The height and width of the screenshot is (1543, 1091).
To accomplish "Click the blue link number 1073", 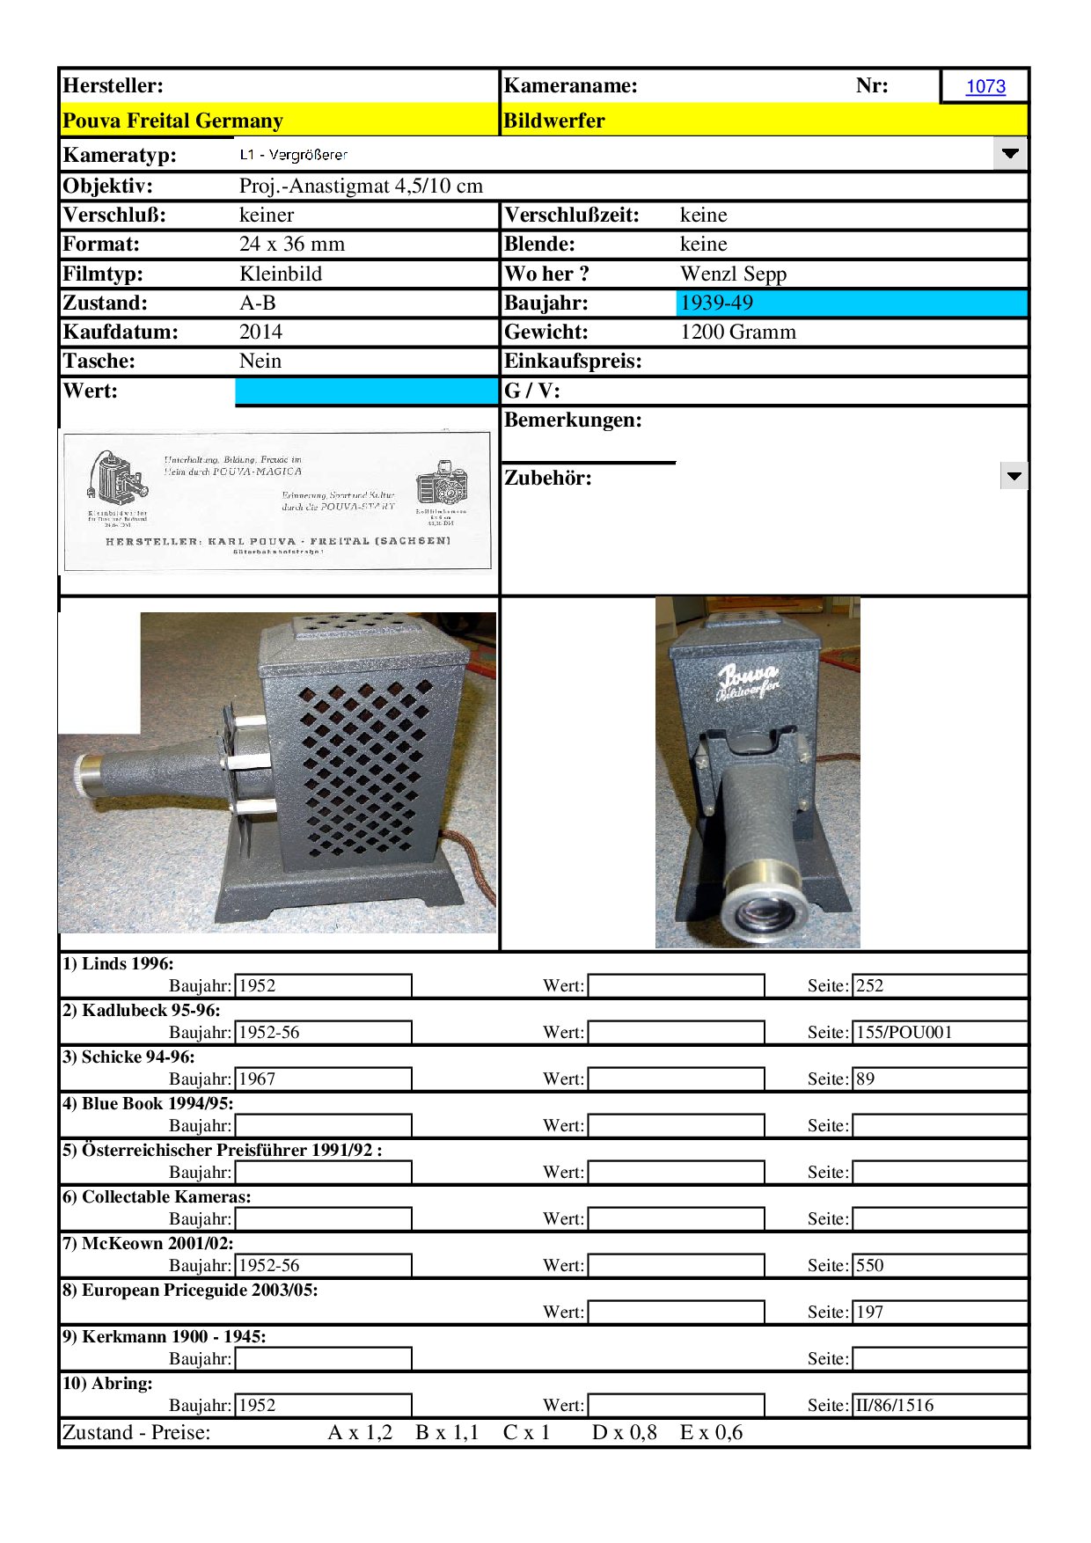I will point(985,86).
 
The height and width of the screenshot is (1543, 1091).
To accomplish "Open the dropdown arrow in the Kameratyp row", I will point(1010,154).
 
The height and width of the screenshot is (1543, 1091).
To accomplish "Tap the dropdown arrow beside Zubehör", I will point(1014,477).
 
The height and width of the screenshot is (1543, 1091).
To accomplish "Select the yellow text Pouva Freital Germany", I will point(172,121).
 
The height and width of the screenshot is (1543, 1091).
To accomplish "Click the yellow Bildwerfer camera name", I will point(554,121).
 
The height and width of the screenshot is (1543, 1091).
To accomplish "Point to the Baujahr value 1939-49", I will point(717,303).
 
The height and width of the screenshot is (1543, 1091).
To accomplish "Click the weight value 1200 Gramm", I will point(738,332).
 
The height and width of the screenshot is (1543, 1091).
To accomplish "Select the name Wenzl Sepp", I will point(733,274).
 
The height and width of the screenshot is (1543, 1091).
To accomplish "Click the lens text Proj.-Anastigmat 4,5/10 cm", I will point(361,186).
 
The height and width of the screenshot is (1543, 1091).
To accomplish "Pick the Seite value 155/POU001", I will point(904,1032).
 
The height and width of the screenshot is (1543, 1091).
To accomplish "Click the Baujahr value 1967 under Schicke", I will point(258,1079).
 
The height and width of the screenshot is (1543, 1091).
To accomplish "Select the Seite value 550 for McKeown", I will point(870,1265).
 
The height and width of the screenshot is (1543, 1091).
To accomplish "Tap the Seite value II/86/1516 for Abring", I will point(895,1405).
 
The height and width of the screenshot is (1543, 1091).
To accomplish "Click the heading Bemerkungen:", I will point(573,420).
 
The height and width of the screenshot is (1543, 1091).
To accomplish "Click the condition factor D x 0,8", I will point(625,1432).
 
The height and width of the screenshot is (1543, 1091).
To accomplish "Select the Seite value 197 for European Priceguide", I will point(870,1312).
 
